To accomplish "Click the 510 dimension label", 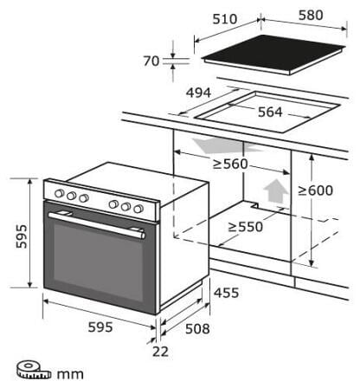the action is tap(225, 19).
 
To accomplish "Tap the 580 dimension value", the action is tap(311, 15).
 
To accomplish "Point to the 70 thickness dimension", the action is tap(151, 61).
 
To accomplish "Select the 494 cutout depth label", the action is tap(198, 93).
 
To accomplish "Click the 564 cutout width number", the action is tap(270, 112).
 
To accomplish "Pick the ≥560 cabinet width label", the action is tap(230, 164).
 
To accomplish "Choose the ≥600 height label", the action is tap(315, 190).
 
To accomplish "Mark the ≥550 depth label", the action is tap(246, 227).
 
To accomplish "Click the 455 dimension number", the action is tap(226, 293).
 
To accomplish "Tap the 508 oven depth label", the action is tap(197, 328).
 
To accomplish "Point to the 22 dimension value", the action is tap(160, 352).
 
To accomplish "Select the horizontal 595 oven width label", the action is tap(100, 327).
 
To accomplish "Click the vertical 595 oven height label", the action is tap(22, 236).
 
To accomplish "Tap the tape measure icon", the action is tap(33, 370).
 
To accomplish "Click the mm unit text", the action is tap(70, 375).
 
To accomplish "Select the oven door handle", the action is tap(97, 224).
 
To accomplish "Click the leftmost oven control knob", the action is tap(59, 193).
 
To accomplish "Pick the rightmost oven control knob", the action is tap(138, 209).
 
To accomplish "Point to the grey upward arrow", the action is tap(275, 190).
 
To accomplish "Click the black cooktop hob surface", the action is tap(274, 54).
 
